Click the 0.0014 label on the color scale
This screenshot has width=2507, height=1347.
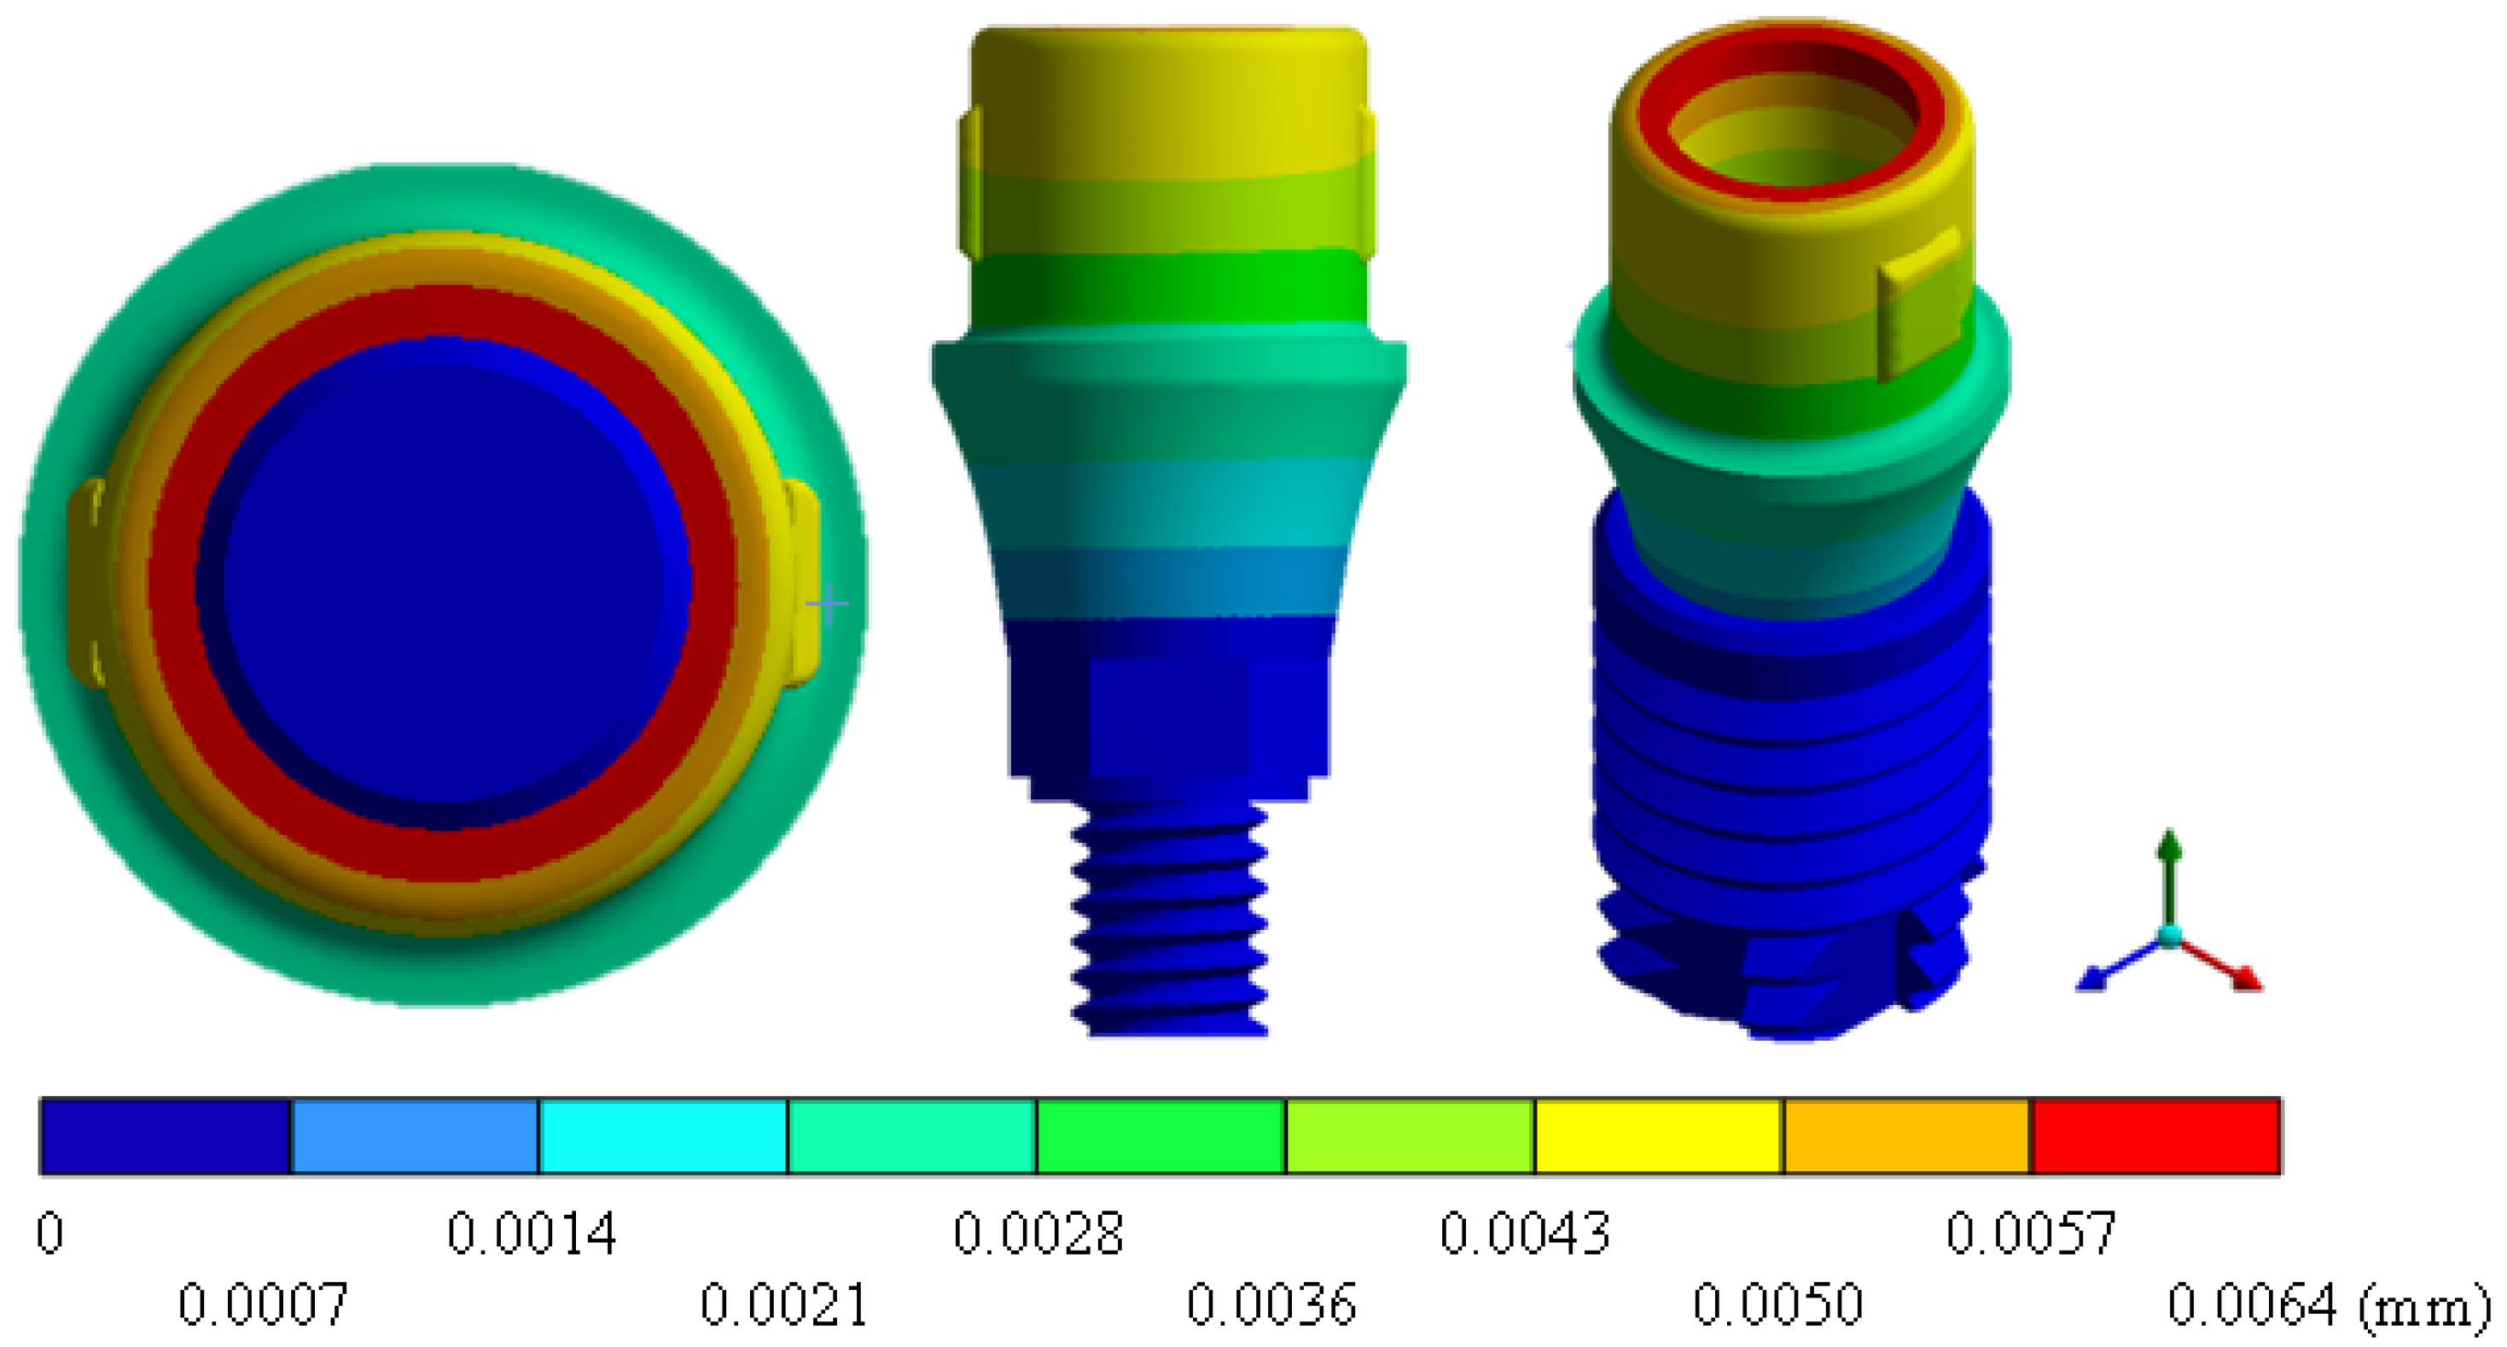(532, 1234)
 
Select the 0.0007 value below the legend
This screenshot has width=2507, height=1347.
(263, 1304)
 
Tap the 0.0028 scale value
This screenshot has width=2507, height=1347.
(1038, 1234)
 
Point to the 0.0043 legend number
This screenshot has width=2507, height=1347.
(1524, 1234)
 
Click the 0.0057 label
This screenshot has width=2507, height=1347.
(2030, 1234)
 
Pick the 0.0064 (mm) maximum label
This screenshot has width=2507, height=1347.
(2326, 1304)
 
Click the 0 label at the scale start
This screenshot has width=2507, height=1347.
(50, 1234)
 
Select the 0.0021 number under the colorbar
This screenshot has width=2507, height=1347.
(784, 1304)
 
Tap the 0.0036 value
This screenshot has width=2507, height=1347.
(1271, 1304)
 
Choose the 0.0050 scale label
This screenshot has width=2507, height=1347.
(1777, 1304)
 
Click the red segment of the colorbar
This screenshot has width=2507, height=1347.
(2155, 1135)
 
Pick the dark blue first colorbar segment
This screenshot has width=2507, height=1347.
(166, 1135)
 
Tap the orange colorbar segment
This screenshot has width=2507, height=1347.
(1907, 1135)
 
